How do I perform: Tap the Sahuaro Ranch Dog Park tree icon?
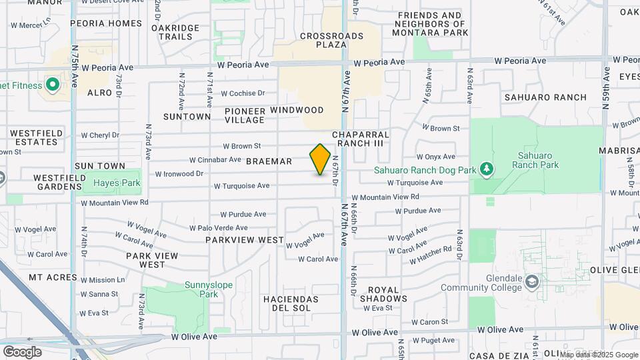click(x=488, y=169)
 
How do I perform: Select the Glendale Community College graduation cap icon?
click(x=531, y=283)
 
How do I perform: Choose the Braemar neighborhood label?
click(x=269, y=162)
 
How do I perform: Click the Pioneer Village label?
click(x=245, y=115)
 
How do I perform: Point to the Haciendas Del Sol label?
click(x=291, y=304)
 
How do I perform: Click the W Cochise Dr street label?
click(x=243, y=93)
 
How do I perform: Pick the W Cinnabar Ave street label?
click(x=215, y=160)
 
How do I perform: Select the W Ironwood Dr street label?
click(x=179, y=174)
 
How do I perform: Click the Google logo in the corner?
click(x=22, y=351)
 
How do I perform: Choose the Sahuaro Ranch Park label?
click(x=537, y=160)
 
